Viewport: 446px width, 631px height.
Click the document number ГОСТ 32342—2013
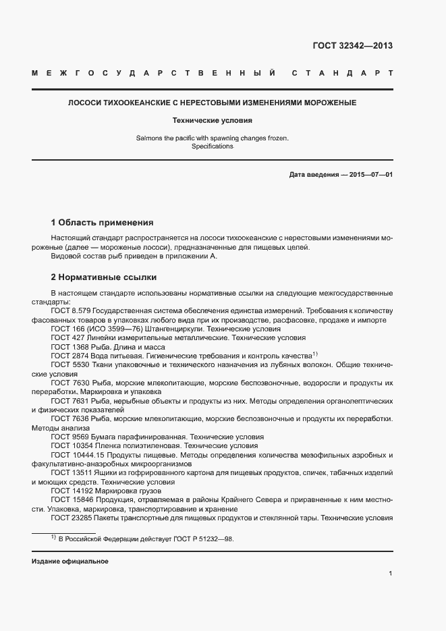click(352, 47)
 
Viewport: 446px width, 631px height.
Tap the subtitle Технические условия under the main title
click(212, 121)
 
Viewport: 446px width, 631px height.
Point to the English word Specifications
click(212, 146)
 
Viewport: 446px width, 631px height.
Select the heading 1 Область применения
click(103, 222)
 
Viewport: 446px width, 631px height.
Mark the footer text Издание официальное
click(70, 561)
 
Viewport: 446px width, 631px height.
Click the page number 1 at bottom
click(391, 574)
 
